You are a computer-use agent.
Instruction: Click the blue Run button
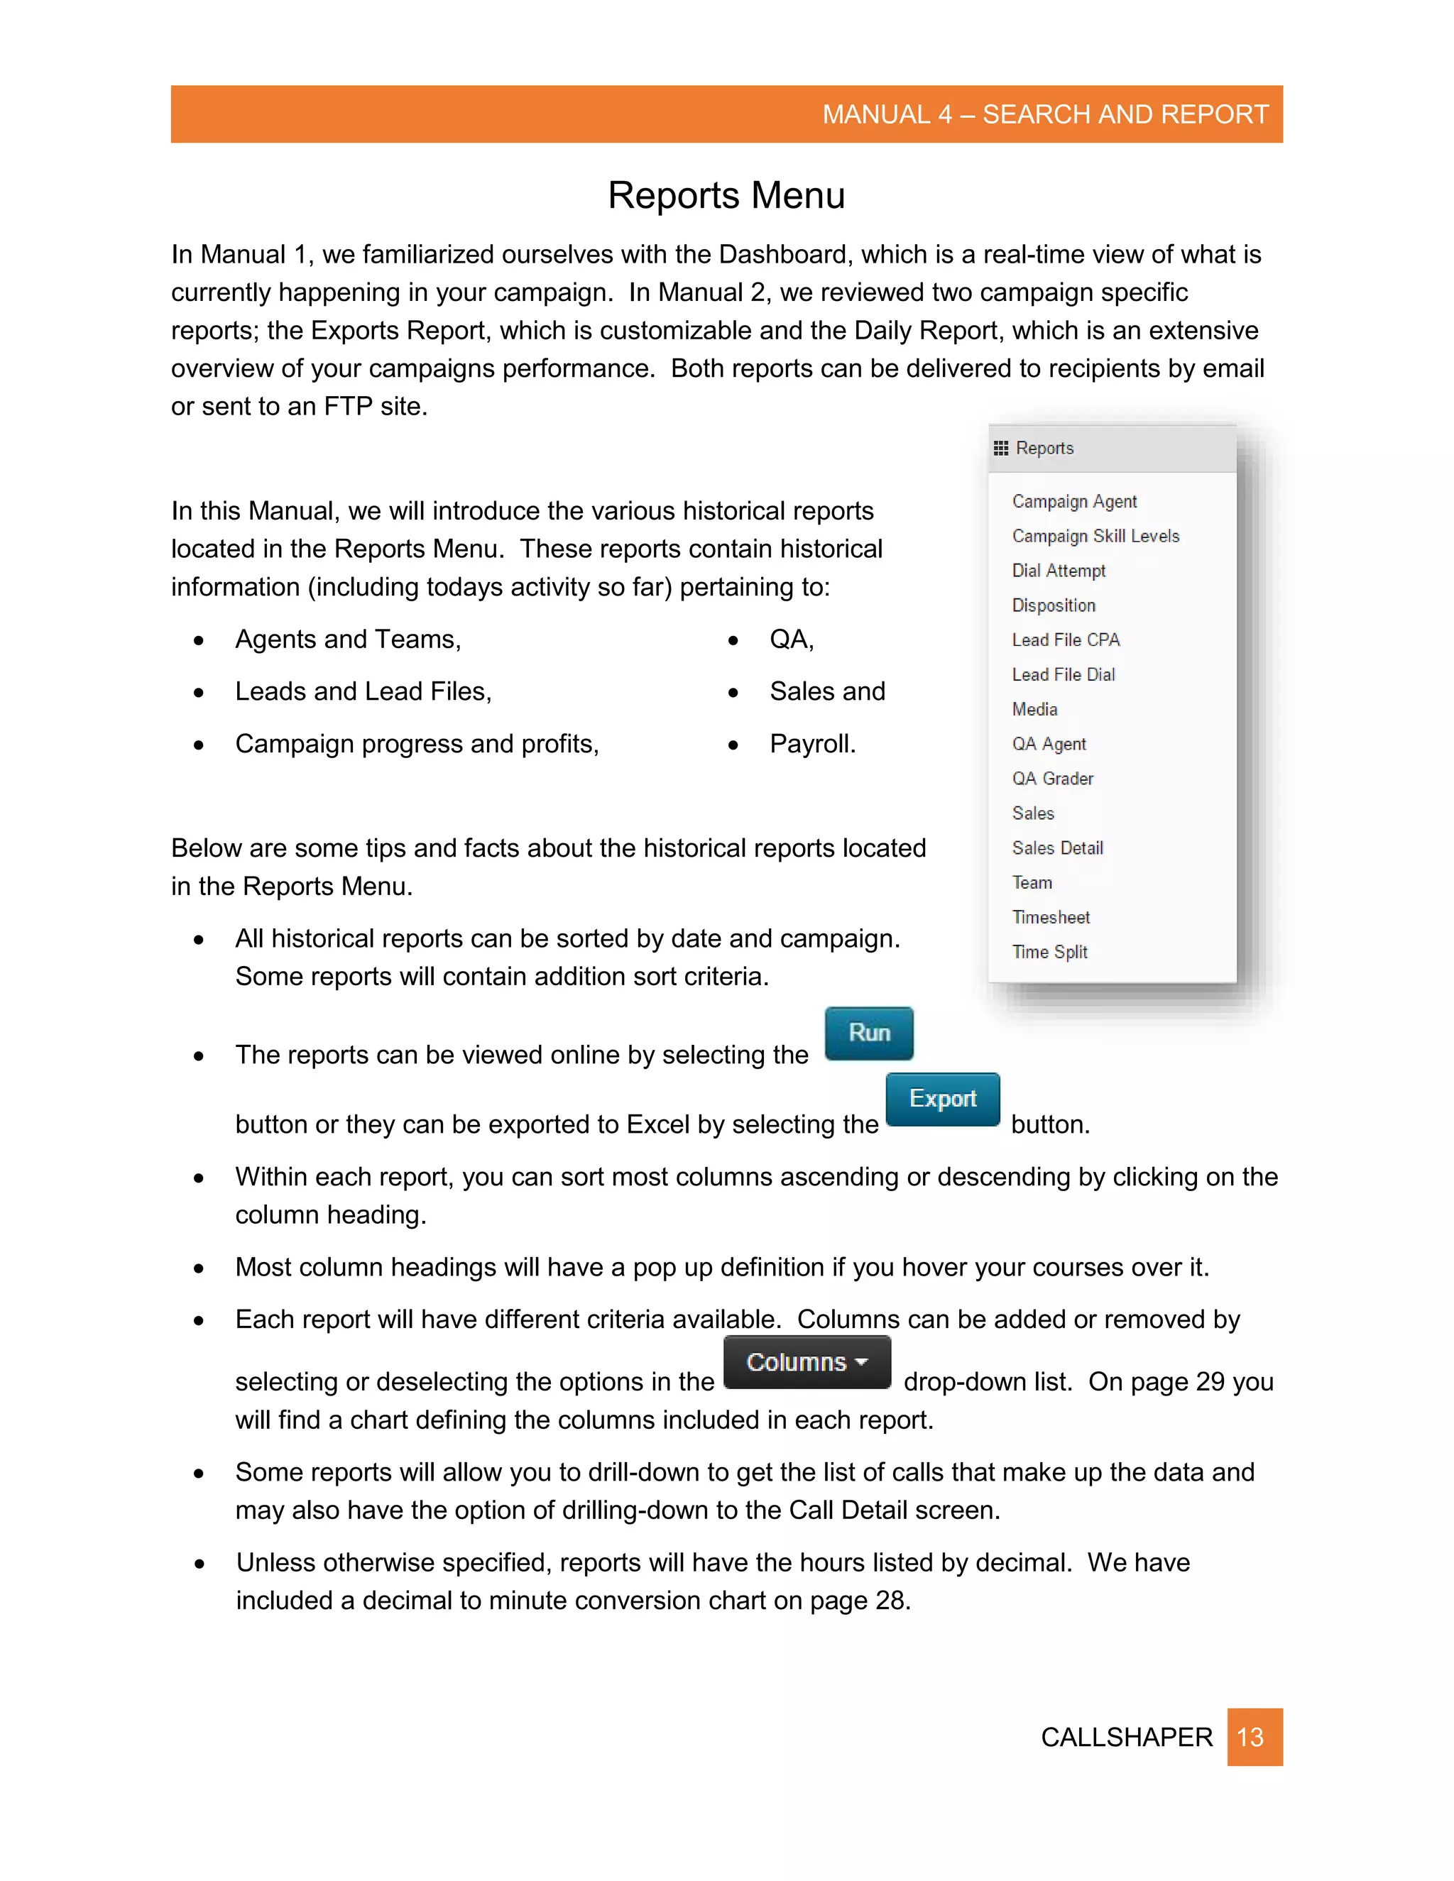pos(868,1033)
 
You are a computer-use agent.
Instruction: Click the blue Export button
pos(942,1099)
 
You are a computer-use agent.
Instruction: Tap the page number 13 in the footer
pos(1253,1736)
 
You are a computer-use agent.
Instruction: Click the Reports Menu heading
pos(726,195)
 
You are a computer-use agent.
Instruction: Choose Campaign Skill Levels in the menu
pos(1095,536)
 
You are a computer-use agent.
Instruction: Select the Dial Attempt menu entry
pos(1059,570)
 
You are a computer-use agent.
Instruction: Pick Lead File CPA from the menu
pos(1066,640)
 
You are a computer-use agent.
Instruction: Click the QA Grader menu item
pos(1053,779)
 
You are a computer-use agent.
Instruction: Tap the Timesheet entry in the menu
pos(1051,917)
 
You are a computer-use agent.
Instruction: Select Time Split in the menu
pos(1049,952)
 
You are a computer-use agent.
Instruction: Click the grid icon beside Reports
pos(1000,448)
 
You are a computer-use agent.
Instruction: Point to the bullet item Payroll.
pos(812,743)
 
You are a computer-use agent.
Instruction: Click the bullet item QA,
pos(792,639)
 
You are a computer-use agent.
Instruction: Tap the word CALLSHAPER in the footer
pos(1126,1737)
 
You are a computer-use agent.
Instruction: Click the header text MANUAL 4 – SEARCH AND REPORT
pos(1045,114)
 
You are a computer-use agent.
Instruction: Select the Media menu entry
pos(1034,709)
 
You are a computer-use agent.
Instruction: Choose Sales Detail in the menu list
pos(1057,848)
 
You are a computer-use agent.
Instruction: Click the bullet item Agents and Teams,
pos(348,639)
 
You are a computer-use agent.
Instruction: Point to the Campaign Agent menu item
pos(1074,501)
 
